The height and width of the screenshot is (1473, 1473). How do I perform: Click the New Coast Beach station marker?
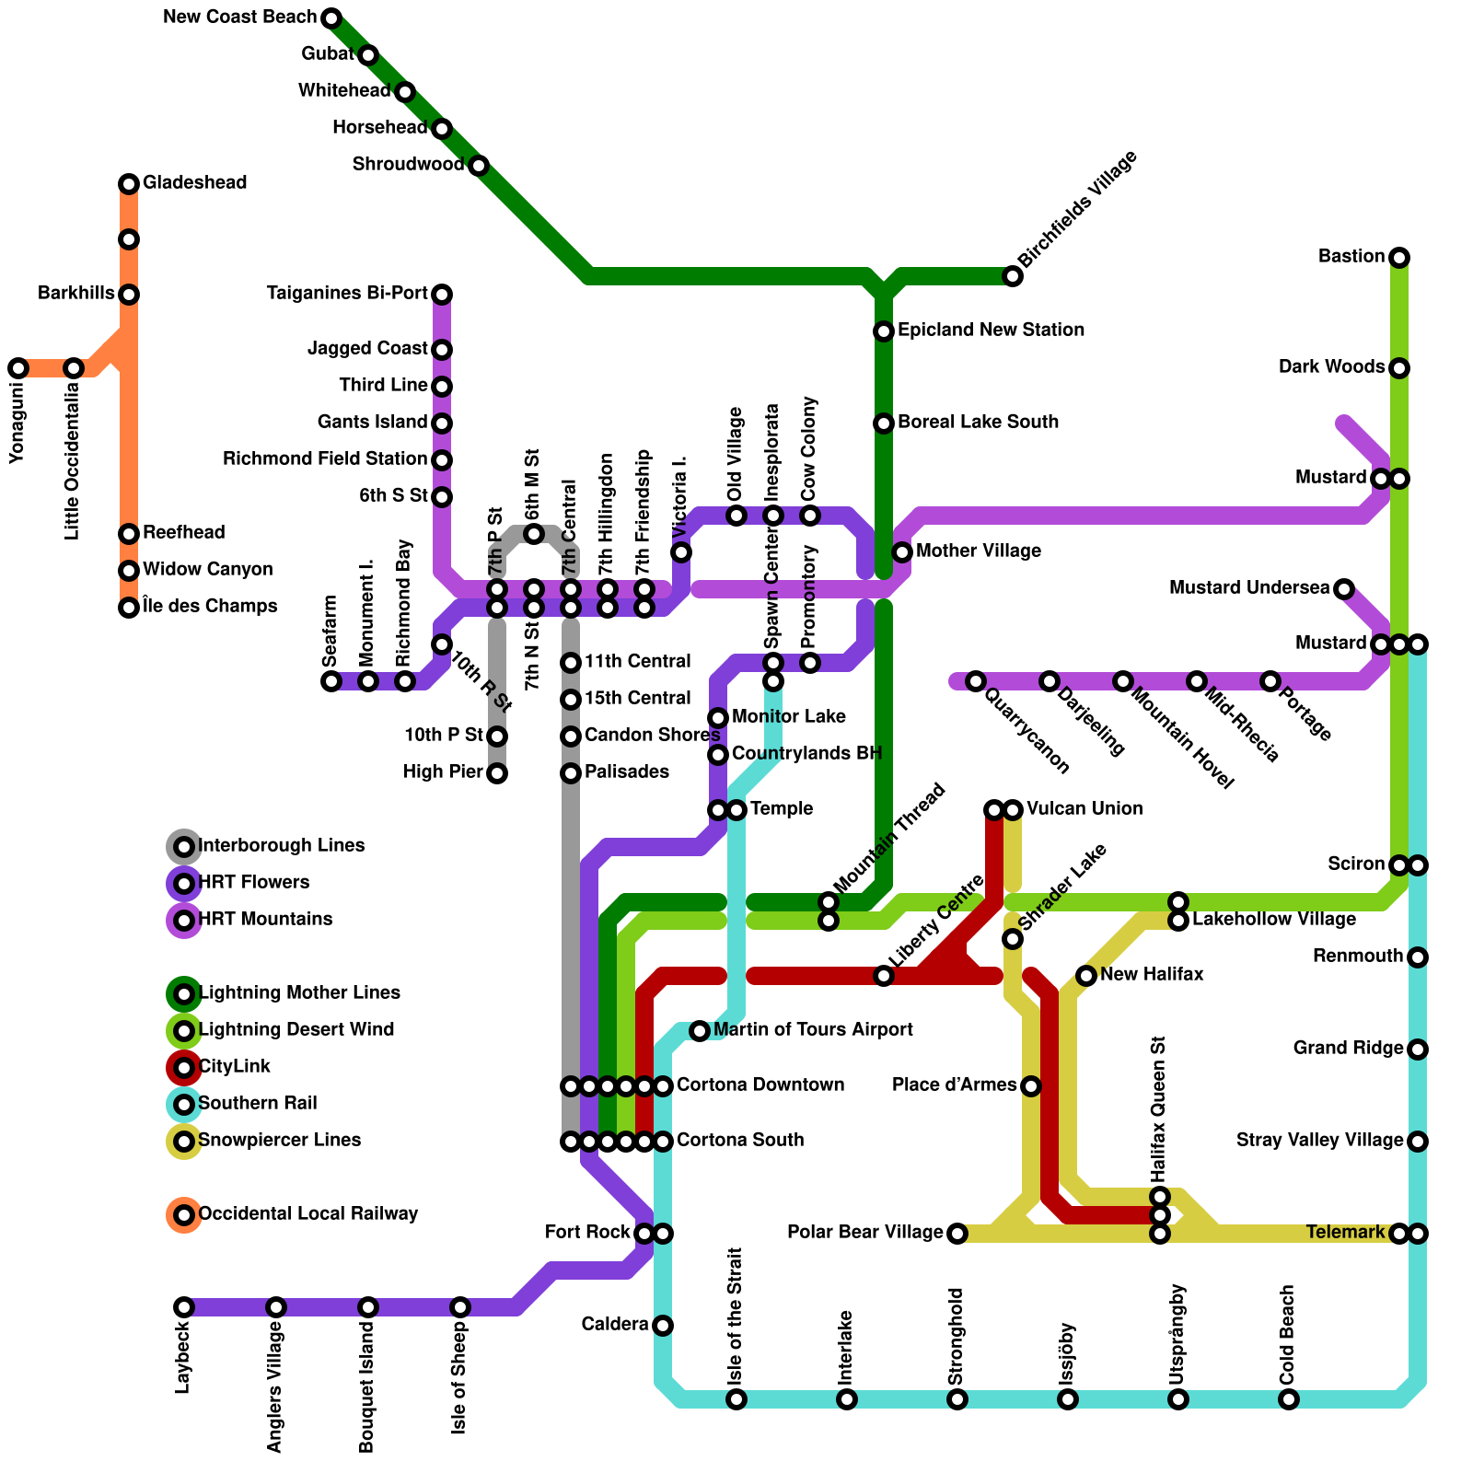[x=331, y=18]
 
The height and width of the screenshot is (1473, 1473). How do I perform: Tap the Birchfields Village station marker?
[x=1013, y=276]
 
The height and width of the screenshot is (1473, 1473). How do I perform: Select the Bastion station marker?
[x=1399, y=258]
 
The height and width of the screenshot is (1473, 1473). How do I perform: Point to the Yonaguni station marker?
[x=18, y=368]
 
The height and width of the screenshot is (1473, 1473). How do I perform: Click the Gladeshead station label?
[x=194, y=183]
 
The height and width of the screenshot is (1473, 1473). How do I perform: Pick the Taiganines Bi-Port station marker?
[x=442, y=295]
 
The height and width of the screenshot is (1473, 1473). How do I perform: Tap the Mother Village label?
[x=979, y=551]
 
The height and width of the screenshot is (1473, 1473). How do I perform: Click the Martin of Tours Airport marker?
[x=700, y=1031]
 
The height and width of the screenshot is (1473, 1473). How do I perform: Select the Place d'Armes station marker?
[x=1031, y=1086]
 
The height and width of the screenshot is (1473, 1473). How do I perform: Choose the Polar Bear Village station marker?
[x=957, y=1234]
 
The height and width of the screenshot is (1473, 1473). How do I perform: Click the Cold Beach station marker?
[x=1289, y=1399]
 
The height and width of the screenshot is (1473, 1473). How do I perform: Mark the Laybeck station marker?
[x=184, y=1307]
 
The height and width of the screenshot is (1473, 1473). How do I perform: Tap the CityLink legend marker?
[x=184, y=1068]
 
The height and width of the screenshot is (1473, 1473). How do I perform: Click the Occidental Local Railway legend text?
[x=307, y=1214]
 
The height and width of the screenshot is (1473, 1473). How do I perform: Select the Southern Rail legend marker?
[x=184, y=1105]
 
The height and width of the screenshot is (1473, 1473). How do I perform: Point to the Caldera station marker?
[x=663, y=1326]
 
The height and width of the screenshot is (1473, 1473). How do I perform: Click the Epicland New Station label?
[x=991, y=331]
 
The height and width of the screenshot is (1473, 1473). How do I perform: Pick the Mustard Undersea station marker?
[x=1344, y=589]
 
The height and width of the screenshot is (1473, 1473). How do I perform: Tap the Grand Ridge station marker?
[x=1418, y=1050]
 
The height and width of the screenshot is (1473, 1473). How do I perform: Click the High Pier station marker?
[x=497, y=773]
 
